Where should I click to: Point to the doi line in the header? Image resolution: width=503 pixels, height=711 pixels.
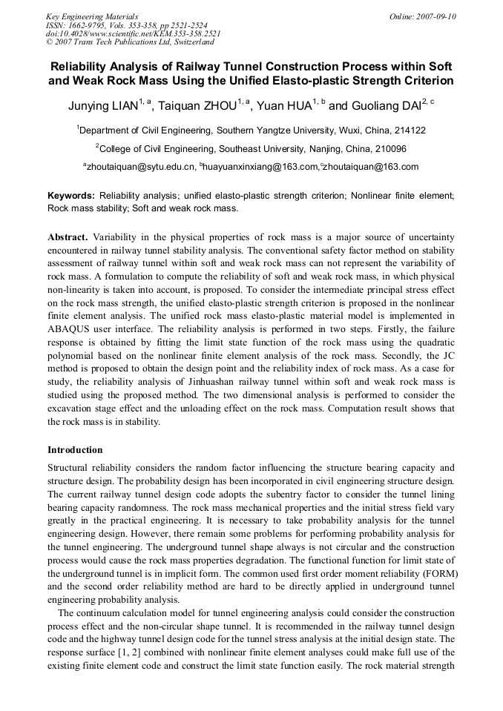pos(133,33)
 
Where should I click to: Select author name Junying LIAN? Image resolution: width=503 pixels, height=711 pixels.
pos(102,106)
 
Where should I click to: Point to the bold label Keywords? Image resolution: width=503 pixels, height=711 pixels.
pos(71,196)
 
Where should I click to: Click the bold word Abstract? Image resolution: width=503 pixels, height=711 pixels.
pos(68,237)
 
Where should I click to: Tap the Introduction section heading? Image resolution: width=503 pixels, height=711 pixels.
pos(75,450)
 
